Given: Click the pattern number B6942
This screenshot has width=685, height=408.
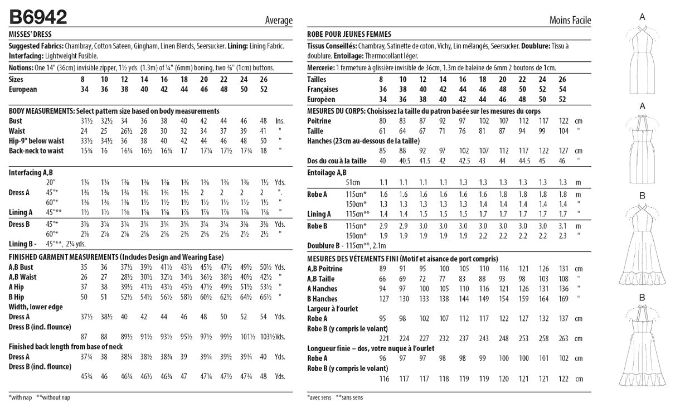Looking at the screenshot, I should point(38,18).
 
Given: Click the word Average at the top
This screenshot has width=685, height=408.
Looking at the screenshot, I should point(279,20).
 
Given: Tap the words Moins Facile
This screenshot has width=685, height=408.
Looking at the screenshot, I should point(570,20).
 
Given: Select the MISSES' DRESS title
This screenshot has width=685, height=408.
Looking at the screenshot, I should point(30,34).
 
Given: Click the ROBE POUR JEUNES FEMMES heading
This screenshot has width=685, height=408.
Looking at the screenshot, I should point(349,34).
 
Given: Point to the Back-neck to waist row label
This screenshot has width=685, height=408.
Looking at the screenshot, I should point(36,151).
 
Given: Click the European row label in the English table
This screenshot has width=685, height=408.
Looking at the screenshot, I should point(23,90).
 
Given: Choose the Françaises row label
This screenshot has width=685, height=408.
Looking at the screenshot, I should point(323,90).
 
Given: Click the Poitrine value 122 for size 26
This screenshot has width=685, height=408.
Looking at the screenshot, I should point(563,121).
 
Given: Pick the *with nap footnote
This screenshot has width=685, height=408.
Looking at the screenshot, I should point(20,397).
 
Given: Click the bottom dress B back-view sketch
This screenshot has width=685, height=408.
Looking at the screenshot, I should point(642,346).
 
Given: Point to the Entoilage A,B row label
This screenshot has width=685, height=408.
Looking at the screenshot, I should point(327,173).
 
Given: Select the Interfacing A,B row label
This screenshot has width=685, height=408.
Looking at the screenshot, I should point(31,173).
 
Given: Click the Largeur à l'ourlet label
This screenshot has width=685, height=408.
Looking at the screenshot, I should point(333,309).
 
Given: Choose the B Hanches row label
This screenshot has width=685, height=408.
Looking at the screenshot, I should point(323,299).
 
